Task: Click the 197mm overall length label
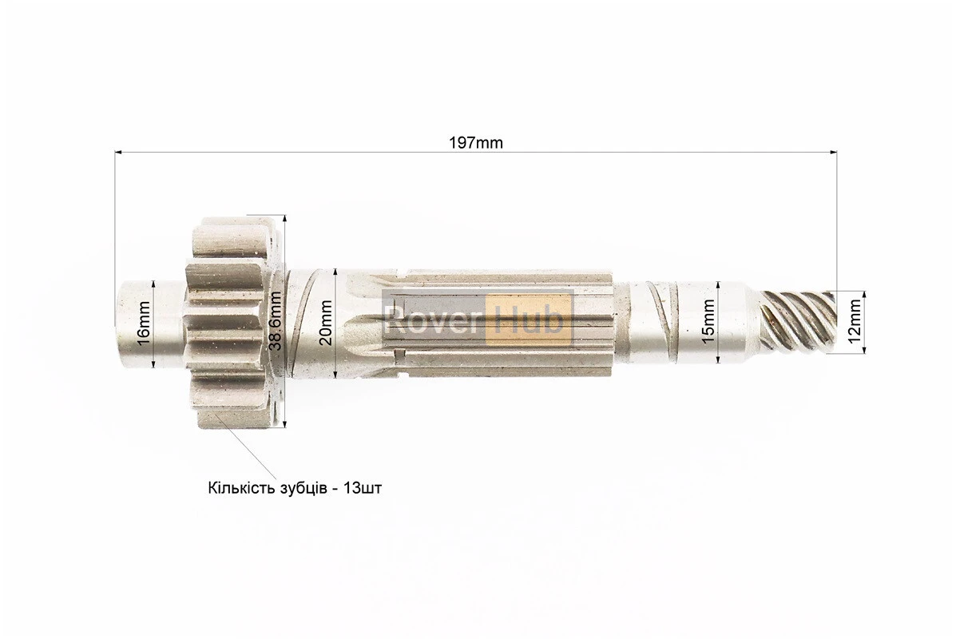coord(476,143)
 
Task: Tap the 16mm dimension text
coord(144,323)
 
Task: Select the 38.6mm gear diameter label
coord(276,321)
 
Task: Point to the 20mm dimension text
coord(326,323)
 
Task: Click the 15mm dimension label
coord(708,321)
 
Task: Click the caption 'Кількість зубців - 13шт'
coord(295,489)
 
